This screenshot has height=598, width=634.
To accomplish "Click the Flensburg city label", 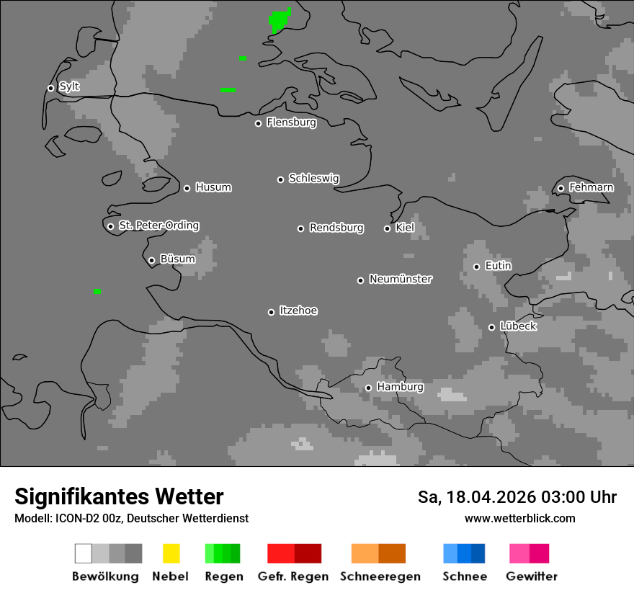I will pyautogui.click(x=291, y=122).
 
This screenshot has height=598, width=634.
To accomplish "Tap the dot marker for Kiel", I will pyautogui.click(x=387, y=228).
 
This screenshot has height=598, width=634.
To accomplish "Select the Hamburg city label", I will pyautogui.click(x=400, y=387).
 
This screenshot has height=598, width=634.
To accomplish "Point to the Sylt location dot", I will pyautogui.click(x=50, y=88).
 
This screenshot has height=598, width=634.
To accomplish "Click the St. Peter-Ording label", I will pyautogui.click(x=158, y=226).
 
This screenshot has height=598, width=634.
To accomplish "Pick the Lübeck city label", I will pyautogui.click(x=518, y=326).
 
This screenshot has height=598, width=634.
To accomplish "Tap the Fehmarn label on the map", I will pyautogui.click(x=591, y=187).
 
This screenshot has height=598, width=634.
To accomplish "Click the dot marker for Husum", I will pyautogui.click(x=187, y=188).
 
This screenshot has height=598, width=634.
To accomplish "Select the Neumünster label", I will pyautogui.click(x=401, y=279).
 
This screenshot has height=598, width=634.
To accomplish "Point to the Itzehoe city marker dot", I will pyautogui.click(x=271, y=312).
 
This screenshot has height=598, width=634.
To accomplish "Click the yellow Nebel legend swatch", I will pyautogui.click(x=171, y=553).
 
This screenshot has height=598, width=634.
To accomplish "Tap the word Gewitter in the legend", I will pyautogui.click(x=532, y=576).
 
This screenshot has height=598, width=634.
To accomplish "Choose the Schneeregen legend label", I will pyautogui.click(x=380, y=576).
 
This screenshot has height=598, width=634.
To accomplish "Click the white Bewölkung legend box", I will pyautogui.click(x=83, y=553).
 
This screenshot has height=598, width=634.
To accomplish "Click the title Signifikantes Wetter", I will pyautogui.click(x=119, y=496).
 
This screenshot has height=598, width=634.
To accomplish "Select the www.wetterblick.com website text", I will pyautogui.click(x=519, y=518).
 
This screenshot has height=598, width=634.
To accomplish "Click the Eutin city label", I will pyautogui.click(x=498, y=266).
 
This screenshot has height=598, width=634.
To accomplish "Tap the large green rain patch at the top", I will pyautogui.click(x=280, y=20).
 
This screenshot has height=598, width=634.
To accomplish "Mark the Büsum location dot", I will pyautogui.click(x=151, y=260).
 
